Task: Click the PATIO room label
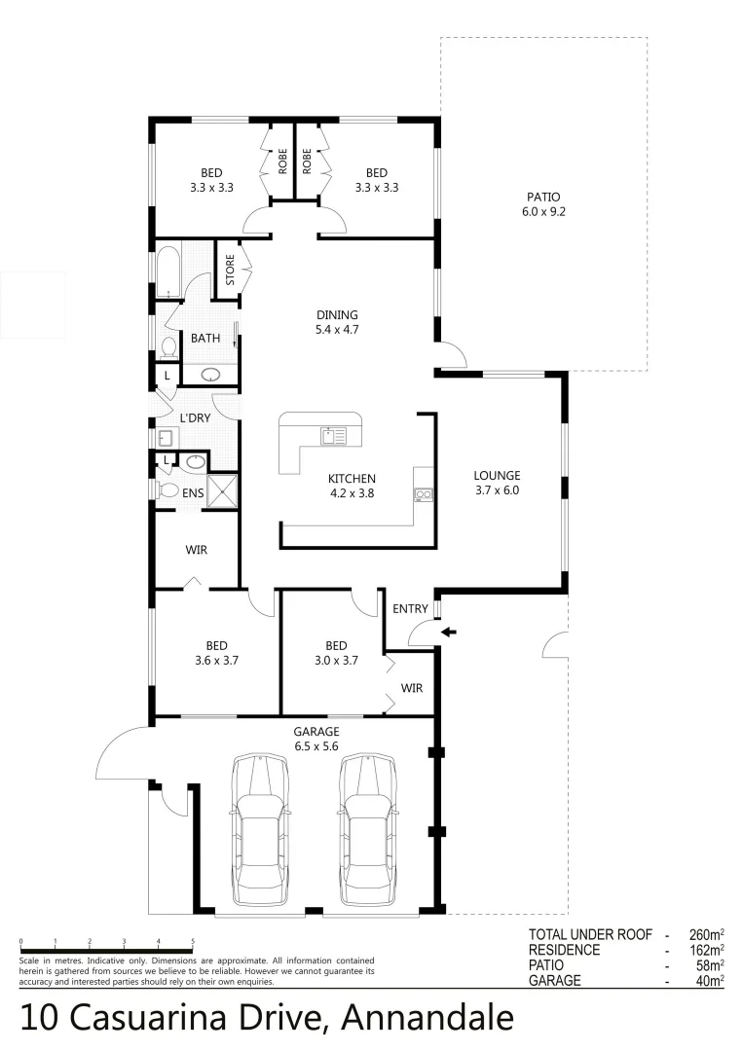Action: [x=543, y=203]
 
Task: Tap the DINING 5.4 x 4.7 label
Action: [x=337, y=322]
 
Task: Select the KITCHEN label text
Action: [x=352, y=479]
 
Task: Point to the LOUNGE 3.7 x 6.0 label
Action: [x=497, y=483]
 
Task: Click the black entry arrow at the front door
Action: [x=448, y=632]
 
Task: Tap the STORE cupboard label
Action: [x=230, y=270]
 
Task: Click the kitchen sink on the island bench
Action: [x=334, y=435]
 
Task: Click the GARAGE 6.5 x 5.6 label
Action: [x=316, y=739]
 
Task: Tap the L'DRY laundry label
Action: [x=195, y=418]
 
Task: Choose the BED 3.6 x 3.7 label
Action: [x=216, y=652]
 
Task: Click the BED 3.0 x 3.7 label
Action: [x=336, y=652]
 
